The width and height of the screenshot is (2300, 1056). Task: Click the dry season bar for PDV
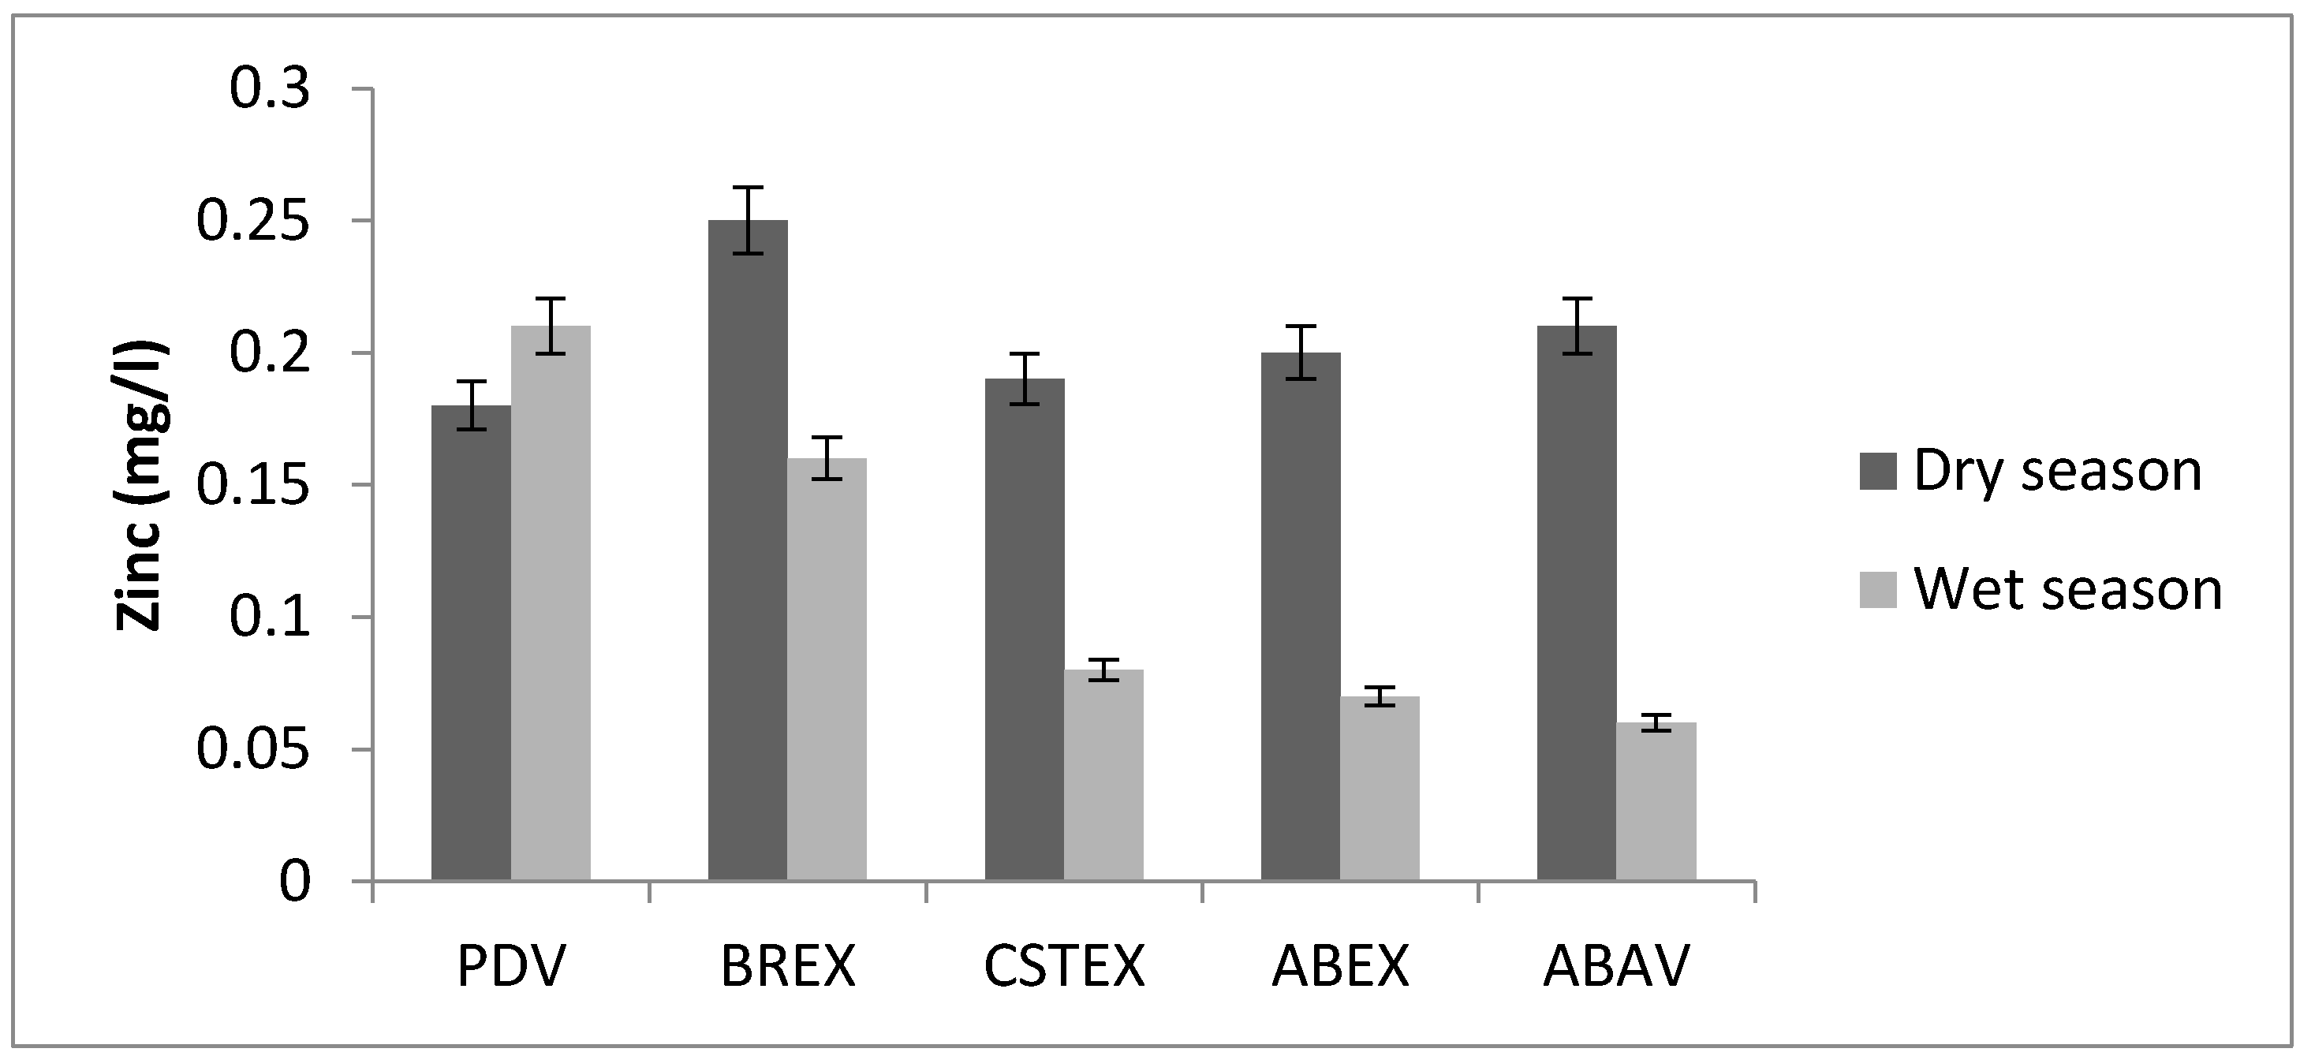click(x=471, y=643)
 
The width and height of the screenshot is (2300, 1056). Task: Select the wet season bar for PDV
click(x=550, y=603)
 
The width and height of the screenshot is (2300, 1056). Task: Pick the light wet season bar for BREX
click(x=827, y=670)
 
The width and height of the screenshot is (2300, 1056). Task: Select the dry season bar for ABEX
click(x=1300, y=616)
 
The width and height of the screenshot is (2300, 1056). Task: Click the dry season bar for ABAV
click(x=1577, y=603)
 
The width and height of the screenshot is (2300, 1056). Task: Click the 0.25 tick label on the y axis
click(x=252, y=222)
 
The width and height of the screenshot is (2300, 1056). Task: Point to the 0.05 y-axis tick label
click(x=252, y=750)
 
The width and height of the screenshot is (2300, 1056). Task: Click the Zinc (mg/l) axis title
click(x=141, y=486)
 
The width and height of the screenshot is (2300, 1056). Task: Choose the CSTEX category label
click(x=1064, y=966)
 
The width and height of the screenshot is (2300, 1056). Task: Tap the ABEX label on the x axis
click(x=1340, y=966)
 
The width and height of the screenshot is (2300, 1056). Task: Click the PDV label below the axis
click(x=510, y=966)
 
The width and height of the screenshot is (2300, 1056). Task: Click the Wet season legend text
click(x=2067, y=590)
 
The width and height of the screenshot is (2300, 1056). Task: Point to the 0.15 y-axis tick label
click(x=252, y=486)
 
